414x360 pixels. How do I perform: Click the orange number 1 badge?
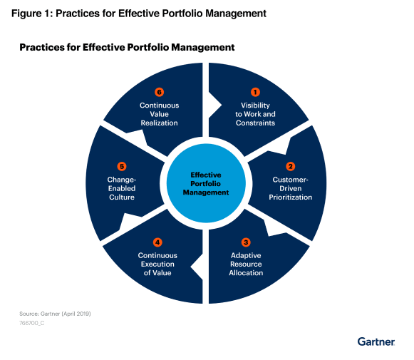pyautogui.click(x=256, y=92)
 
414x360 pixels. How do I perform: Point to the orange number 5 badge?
pyautogui.click(x=120, y=166)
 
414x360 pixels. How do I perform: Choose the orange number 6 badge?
pyautogui.click(x=159, y=92)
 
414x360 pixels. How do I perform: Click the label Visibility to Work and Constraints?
pyautogui.click(x=256, y=114)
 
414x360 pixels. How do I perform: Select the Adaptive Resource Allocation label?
pyautogui.click(x=247, y=264)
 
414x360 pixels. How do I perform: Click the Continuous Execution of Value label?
pyautogui.click(x=158, y=264)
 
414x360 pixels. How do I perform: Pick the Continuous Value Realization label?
pyautogui.click(x=159, y=114)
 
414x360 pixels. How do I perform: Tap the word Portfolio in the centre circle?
pyautogui.click(x=207, y=183)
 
